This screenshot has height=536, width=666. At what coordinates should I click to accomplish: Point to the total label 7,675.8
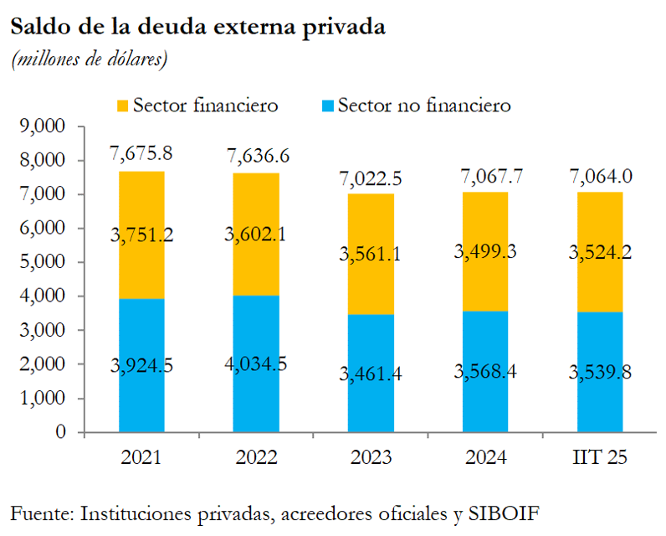141,154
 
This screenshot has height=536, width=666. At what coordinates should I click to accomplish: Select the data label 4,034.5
255,366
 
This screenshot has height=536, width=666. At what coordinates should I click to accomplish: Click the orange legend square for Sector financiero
123,106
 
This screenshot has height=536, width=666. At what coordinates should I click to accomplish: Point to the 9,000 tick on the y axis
43,126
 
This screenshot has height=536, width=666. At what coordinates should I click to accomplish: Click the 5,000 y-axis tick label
43,262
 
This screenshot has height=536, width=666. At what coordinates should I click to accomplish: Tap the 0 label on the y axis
59,432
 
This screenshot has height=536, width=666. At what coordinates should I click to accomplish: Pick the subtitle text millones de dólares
89,59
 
